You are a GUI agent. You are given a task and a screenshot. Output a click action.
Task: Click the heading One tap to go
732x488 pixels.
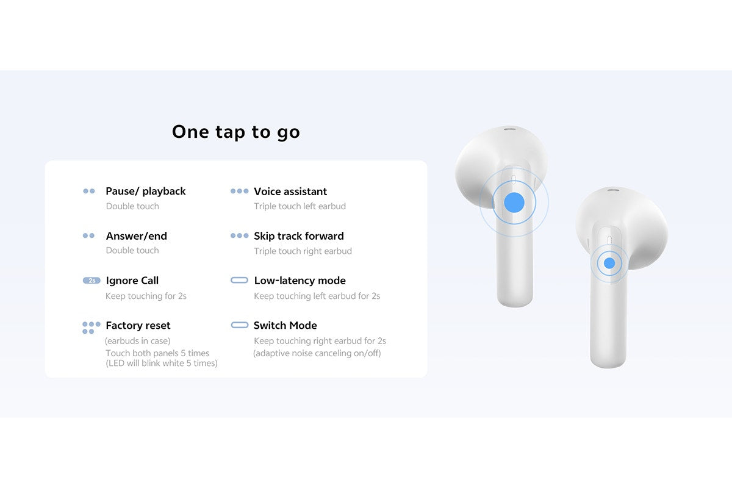click(236, 132)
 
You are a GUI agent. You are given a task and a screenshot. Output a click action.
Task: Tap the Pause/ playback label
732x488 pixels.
click(145, 191)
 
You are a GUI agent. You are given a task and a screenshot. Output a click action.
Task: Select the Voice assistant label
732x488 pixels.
click(290, 191)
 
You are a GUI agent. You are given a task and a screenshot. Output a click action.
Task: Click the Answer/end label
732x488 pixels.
click(136, 236)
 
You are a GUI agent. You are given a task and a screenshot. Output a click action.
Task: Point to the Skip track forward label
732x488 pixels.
click(299, 236)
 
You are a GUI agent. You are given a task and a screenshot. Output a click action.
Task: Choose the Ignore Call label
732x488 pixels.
click(132, 281)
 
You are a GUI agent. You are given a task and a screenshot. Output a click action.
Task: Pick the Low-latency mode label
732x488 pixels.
click(300, 281)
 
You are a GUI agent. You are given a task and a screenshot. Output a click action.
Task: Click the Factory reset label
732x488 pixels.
click(138, 325)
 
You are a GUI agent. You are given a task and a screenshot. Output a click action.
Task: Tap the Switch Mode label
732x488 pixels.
click(285, 325)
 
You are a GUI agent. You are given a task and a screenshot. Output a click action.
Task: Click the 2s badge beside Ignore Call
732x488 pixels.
click(91, 281)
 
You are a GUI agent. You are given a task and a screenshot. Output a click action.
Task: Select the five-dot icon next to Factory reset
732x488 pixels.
click(91, 328)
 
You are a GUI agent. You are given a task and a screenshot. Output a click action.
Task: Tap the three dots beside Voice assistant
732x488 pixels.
click(239, 191)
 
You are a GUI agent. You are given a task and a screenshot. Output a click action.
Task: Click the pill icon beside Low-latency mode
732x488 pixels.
click(239, 281)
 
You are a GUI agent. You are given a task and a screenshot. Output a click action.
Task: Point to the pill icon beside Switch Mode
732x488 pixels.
click(239, 325)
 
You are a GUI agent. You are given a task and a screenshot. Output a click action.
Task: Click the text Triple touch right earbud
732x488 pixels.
click(303, 251)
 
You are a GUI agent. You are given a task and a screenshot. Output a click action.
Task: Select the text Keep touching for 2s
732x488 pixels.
click(146, 296)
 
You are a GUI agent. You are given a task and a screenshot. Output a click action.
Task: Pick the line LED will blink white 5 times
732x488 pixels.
click(161, 364)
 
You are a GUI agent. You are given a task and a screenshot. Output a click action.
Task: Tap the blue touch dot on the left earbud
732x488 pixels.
click(514, 202)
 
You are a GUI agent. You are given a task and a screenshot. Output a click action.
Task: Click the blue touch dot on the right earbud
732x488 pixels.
click(609, 263)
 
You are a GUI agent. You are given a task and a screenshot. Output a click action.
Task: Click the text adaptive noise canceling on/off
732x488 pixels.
click(317, 353)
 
